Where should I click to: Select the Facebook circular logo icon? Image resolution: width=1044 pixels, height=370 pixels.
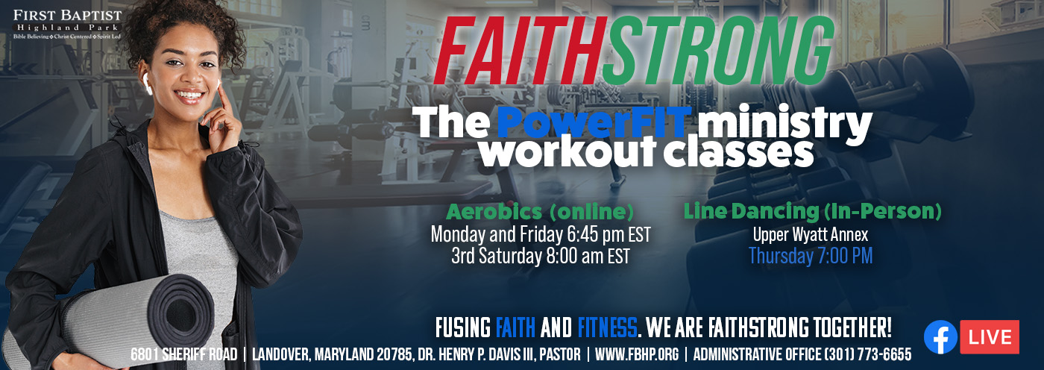pos(940,336)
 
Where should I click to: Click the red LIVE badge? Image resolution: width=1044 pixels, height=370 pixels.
pos(989,336)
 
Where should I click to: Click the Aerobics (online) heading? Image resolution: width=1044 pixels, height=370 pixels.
pos(540,211)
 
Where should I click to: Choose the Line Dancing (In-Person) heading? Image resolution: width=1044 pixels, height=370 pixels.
pos(812,211)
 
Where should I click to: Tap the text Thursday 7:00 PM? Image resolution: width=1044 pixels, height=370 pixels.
pos(811,257)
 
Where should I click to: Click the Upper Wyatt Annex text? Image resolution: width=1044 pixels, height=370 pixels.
pos(811,235)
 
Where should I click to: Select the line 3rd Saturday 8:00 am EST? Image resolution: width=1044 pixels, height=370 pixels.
pos(540,257)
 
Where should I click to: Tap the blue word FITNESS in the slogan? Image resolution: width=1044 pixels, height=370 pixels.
pos(607,327)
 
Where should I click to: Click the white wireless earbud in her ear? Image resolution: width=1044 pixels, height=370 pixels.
pos(148,87)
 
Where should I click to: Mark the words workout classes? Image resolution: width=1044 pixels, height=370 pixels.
pos(645,151)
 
